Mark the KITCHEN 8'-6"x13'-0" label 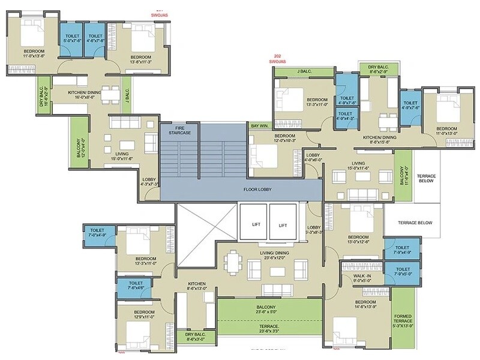197,286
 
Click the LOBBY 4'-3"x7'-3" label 149,182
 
